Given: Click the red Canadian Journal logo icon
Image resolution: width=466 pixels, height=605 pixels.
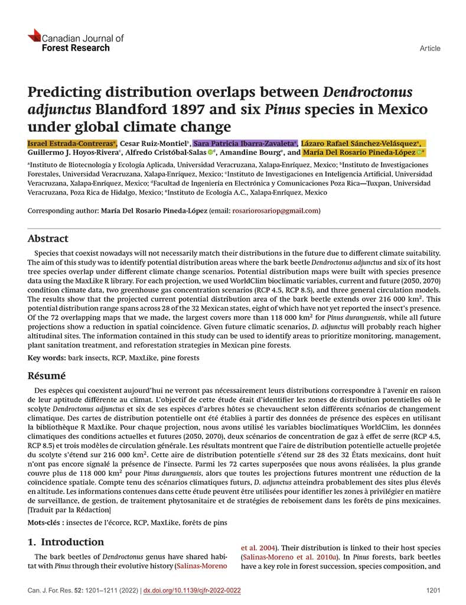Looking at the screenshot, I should point(34,35).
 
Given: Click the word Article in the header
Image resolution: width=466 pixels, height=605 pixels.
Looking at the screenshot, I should point(429,48).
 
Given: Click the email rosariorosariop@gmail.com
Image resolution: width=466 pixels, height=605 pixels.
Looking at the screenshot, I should point(275,211).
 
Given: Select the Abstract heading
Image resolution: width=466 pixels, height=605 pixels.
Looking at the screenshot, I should point(48,239).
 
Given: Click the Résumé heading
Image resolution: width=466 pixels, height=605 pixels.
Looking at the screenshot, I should point(47,376).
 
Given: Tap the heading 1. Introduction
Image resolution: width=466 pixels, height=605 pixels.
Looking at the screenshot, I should point(66,542).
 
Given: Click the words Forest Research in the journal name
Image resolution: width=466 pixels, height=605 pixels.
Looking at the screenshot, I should point(76,48).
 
